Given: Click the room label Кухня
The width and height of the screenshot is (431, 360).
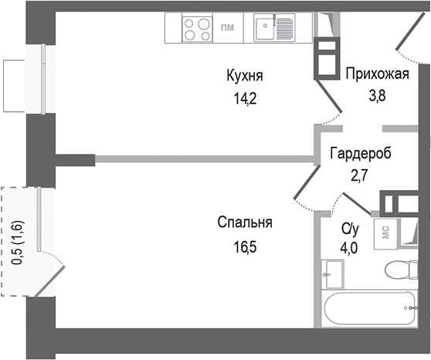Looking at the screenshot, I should (245, 76).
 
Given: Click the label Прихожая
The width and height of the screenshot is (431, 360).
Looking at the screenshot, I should (376, 75).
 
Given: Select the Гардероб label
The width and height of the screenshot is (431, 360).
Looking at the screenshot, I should (360, 154).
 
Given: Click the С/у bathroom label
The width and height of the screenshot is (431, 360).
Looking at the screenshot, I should (350, 229).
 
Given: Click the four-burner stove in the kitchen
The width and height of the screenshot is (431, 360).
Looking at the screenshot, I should (197, 29).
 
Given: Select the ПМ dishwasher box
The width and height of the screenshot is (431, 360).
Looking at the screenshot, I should (228, 29).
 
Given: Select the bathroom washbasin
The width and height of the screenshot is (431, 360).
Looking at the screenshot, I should (334, 273).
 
